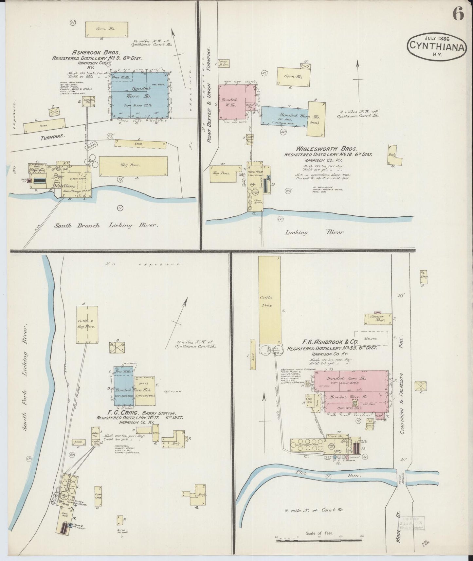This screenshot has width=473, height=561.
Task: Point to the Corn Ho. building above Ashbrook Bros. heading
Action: (106, 29)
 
